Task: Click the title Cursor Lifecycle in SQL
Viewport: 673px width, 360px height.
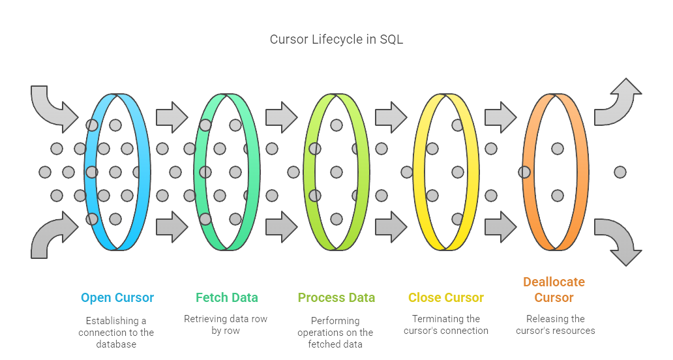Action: click(336, 39)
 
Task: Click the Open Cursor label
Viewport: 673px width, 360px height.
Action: click(117, 298)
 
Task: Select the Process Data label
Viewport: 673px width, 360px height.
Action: click(336, 298)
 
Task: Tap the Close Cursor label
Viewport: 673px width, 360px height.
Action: click(446, 298)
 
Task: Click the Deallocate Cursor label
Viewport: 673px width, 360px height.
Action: click(554, 290)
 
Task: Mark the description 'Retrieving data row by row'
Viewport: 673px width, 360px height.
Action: click(226, 325)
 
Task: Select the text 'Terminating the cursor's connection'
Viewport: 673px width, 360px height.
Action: click(446, 325)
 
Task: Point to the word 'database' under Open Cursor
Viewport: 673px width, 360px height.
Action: click(116, 344)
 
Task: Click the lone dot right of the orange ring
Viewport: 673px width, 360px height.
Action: click(620, 172)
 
